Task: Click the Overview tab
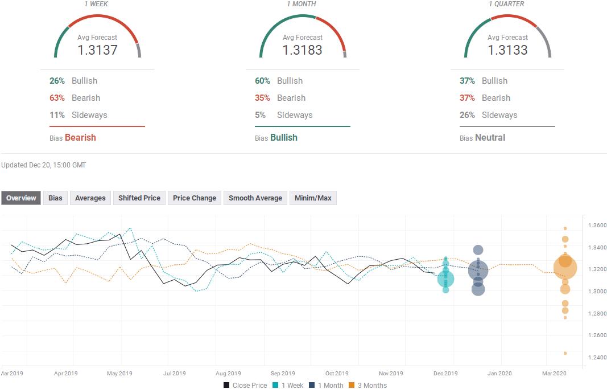click(21, 198)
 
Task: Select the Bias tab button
click(55, 198)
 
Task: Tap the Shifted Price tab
click(139, 198)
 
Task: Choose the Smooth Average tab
click(255, 198)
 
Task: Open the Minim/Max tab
click(313, 198)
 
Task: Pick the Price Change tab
click(195, 198)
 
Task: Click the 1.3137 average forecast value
click(97, 50)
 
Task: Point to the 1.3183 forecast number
click(302, 50)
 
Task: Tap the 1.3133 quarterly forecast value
click(507, 50)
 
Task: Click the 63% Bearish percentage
click(57, 98)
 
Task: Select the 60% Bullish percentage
click(262, 81)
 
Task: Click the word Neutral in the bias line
click(490, 137)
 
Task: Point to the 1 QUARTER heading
click(506, 4)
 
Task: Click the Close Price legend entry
click(245, 385)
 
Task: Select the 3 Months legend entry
click(367, 385)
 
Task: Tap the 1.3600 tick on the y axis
click(597, 225)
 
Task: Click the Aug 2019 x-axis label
click(228, 374)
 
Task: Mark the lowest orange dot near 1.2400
click(565, 353)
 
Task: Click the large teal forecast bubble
click(445, 279)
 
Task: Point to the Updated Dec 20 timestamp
click(43, 165)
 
